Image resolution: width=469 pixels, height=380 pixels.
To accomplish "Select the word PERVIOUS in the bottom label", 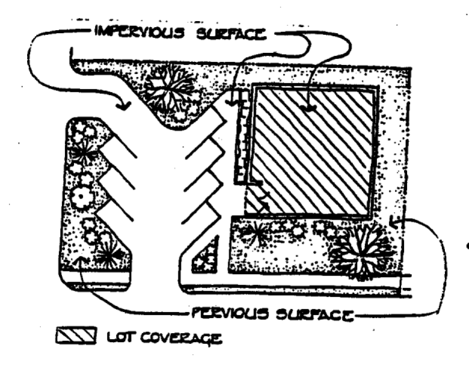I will click(224, 315).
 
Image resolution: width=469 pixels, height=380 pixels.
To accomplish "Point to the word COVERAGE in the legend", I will click(179, 337).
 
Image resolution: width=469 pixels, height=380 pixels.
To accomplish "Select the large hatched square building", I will click(315, 151).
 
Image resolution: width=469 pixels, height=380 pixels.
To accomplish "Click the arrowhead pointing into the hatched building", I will click(308, 108).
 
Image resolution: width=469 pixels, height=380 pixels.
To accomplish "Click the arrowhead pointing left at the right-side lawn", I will click(395, 220).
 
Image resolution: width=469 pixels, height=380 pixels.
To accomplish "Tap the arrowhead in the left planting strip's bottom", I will click(82, 260).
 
